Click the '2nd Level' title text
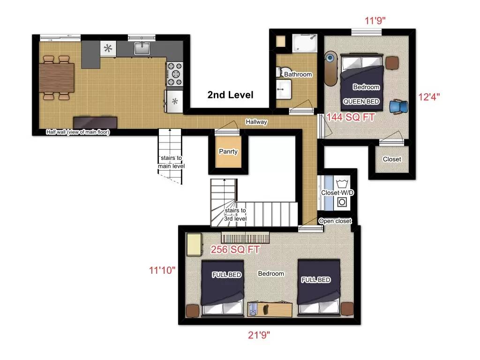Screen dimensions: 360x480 (x=230, y=95)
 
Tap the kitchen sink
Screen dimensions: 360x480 (x=141, y=48)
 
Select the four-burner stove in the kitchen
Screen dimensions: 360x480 (x=175, y=73)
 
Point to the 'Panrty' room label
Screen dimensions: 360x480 (x=228, y=151)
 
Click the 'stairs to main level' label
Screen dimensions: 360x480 (x=171, y=162)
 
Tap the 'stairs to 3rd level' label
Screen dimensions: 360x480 (x=235, y=214)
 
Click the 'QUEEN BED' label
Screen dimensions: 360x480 (x=361, y=101)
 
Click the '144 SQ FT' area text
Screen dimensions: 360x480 (x=351, y=118)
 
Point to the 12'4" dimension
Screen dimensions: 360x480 (x=429, y=97)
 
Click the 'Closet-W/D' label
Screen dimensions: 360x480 (x=337, y=193)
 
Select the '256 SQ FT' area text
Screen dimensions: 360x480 (x=235, y=250)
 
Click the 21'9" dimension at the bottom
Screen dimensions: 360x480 (x=259, y=335)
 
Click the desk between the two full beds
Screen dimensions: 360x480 (x=269, y=309)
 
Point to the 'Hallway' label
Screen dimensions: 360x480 (x=256, y=122)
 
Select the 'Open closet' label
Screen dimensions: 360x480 (x=335, y=221)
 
